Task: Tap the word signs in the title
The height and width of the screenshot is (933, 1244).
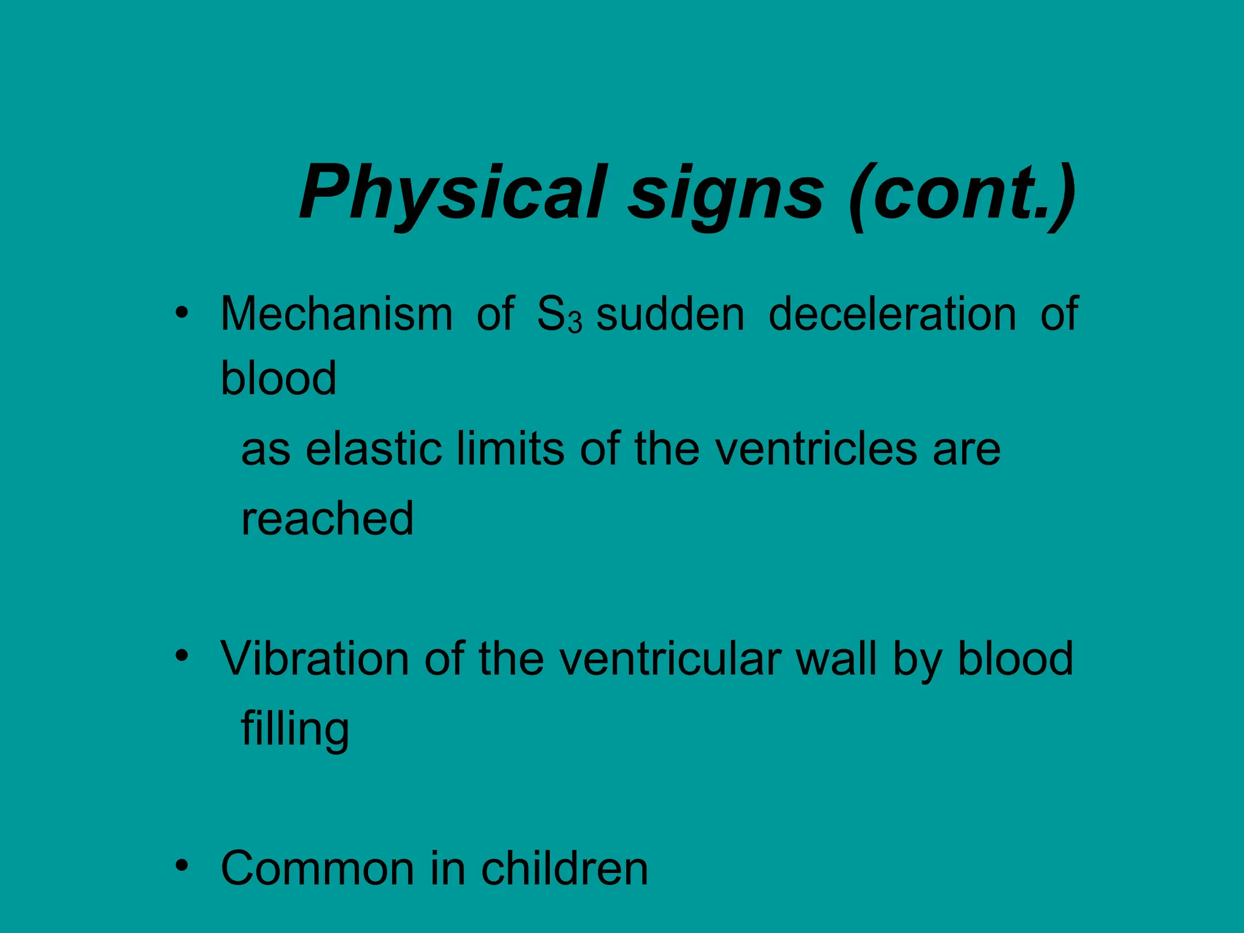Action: [x=726, y=194]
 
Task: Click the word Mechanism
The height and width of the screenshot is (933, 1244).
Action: [x=337, y=314]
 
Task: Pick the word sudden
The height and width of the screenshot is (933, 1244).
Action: [x=670, y=314]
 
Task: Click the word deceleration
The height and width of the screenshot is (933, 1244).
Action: [x=892, y=314]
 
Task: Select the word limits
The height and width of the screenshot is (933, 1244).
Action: [x=510, y=449]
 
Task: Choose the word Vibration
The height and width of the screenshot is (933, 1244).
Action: [x=315, y=658]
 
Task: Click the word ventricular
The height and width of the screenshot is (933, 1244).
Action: [x=669, y=658]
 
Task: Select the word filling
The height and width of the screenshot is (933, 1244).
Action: [x=295, y=729]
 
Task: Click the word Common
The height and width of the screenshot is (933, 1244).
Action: [x=318, y=869]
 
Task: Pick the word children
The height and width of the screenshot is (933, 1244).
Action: [x=564, y=869]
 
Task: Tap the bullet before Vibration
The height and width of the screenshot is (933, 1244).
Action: [x=180, y=657]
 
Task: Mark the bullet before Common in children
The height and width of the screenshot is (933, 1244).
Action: [x=180, y=866]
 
